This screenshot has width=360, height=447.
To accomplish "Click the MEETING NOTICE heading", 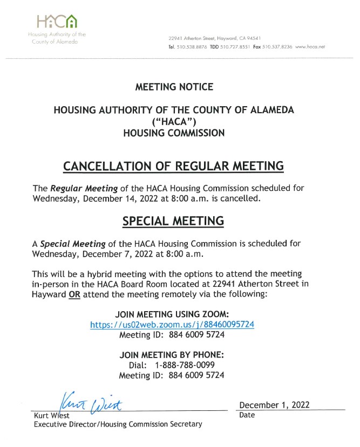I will [x=174, y=87].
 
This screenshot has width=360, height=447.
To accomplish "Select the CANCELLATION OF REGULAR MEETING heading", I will [x=173, y=166].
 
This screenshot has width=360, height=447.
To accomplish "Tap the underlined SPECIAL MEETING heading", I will [x=173, y=221].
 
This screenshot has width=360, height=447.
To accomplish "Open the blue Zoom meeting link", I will [x=172, y=325].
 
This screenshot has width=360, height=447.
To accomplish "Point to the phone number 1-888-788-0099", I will [x=185, y=365].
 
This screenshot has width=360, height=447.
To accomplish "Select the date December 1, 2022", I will [x=274, y=405].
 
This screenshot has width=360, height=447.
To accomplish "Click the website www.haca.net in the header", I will [x=310, y=47].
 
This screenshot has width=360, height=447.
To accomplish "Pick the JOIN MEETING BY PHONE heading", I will [x=171, y=355].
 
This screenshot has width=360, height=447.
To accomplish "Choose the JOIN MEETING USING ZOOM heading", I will [x=172, y=314].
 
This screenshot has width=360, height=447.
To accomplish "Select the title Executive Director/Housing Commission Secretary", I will [x=118, y=424].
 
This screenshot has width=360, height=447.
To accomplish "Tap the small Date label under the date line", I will [x=247, y=415].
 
